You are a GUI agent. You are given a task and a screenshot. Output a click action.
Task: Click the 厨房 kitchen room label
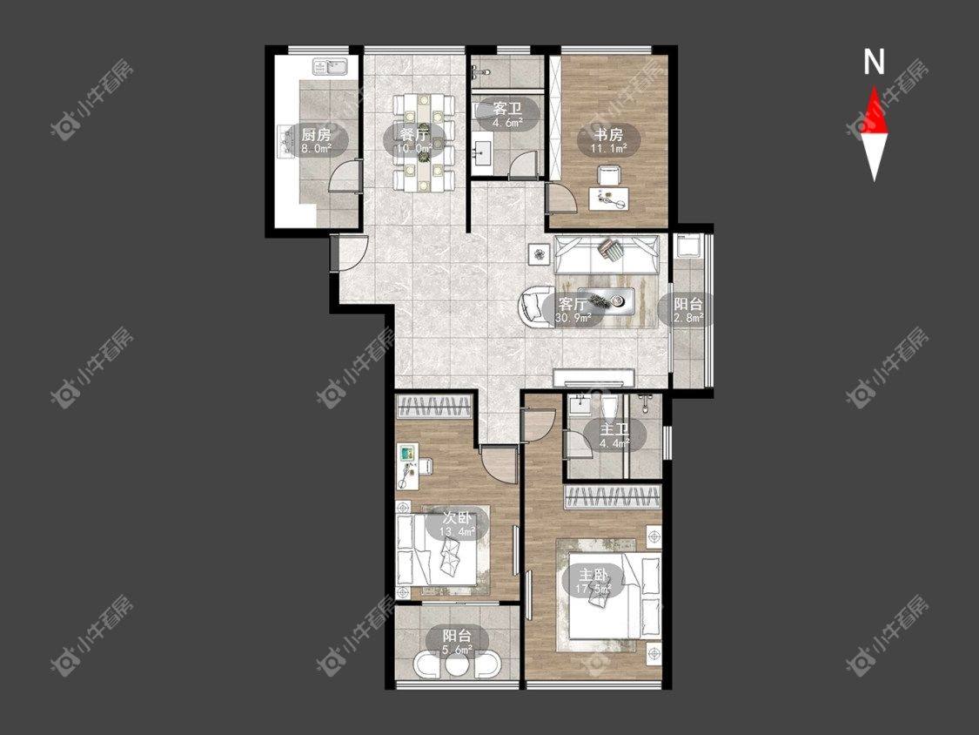(315, 134)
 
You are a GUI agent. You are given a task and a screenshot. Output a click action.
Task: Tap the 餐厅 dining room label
(413, 133)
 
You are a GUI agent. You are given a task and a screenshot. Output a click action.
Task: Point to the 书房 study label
(609, 134)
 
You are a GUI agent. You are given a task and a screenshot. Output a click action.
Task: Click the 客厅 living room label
(573, 305)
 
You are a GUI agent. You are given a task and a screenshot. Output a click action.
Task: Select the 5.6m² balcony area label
(457, 650)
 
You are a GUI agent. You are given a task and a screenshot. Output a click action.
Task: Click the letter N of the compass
(874, 62)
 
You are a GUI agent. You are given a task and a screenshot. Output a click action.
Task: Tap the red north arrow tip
(874, 88)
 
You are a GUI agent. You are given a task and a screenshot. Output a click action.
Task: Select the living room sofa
(607, 255)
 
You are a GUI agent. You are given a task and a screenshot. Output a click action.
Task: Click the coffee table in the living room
(607, 300)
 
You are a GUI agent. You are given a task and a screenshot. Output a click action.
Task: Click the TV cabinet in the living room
(594, 377)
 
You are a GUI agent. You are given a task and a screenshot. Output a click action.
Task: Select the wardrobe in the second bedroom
(435, 407)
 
